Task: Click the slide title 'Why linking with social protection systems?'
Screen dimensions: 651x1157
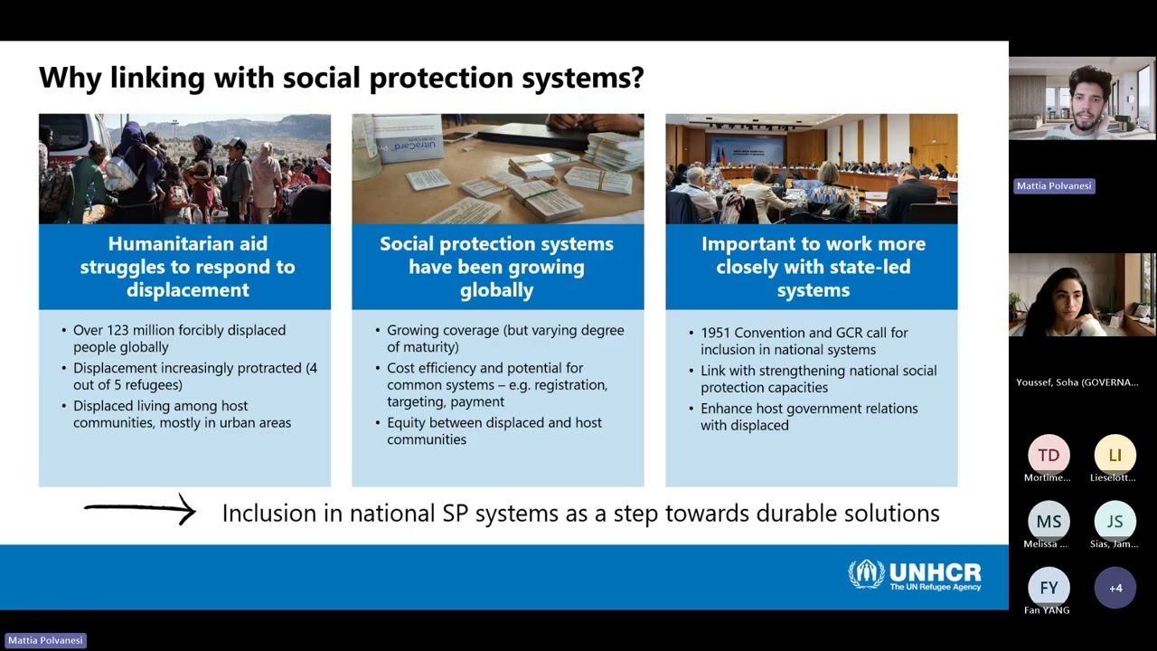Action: (x=341, y=78)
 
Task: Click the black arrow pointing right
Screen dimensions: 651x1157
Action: (x=140, y=510)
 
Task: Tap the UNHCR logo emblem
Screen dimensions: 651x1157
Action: (x=866, y=574)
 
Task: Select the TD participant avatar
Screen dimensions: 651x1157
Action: (x=1049, y=455)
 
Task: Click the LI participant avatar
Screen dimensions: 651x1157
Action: (x=1115, y=455)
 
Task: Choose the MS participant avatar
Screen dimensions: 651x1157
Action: (x=1049, y=522)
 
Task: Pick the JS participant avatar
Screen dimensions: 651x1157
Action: (x=1115, y=522)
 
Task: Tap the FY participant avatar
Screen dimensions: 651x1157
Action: (x=1049, y=588)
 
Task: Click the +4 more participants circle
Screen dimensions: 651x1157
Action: (x=1115, y=588)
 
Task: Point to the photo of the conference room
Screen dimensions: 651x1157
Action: (x=811, y=169)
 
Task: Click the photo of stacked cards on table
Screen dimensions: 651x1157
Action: (x=497, y=169)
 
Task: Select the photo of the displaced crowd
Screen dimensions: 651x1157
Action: (x=184, y=169)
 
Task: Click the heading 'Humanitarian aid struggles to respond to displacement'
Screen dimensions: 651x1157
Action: (x=187, y=267)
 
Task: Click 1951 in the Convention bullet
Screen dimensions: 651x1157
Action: (x=718, y=333)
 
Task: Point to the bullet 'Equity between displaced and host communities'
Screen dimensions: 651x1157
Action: (x=494, y=430)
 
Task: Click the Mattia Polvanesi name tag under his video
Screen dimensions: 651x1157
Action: (x=1054, y=185)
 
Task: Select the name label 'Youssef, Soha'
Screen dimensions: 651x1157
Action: (x=1077, y=382)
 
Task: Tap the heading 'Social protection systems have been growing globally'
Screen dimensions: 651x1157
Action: (x=496, y=267)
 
